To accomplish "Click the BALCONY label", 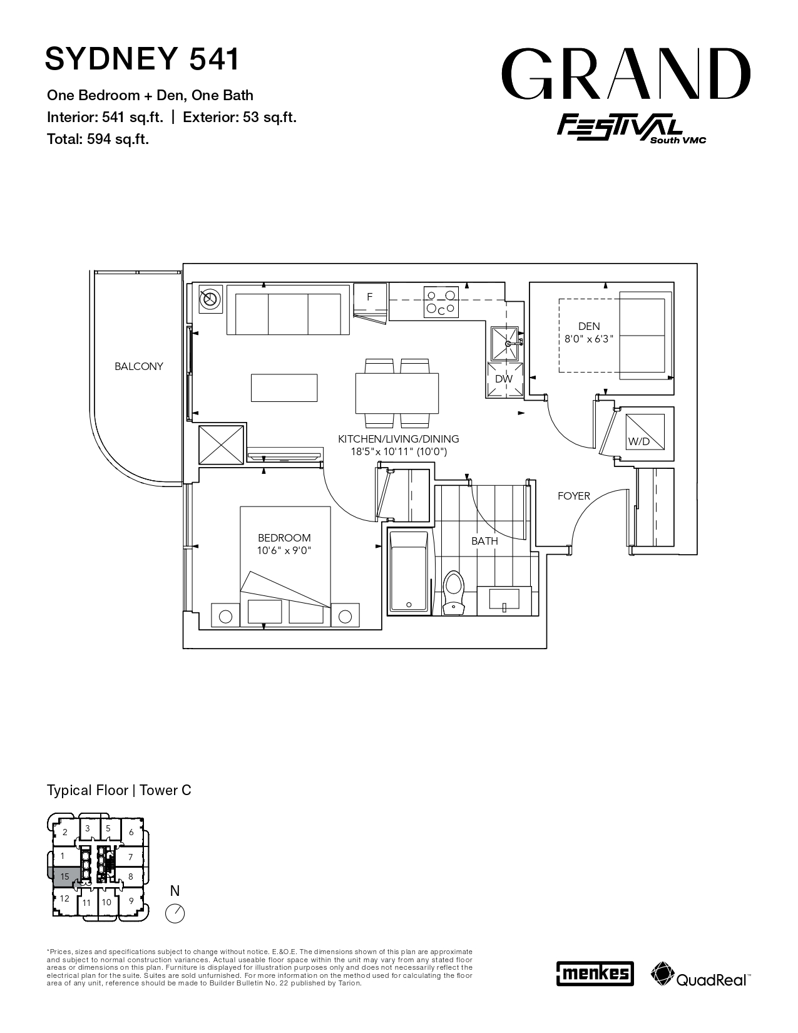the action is pos(139,366).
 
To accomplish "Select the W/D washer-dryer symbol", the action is pos(645,432).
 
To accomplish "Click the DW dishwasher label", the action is pos(504,379).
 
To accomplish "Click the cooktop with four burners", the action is pos(441,302).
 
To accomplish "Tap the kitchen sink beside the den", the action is pos(504,343).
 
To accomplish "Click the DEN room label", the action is pos(589,326).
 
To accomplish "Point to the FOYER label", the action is pos(574,496).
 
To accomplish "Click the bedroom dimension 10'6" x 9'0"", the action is pos(284,550).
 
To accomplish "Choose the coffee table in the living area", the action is pos(284,388).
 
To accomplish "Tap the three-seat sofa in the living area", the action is pos(289,310).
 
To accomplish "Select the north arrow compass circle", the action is pos(175,913).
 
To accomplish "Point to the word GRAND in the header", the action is pos(626,74).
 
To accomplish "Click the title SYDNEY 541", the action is pos(142,59).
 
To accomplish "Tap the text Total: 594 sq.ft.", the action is pos(98,139).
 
